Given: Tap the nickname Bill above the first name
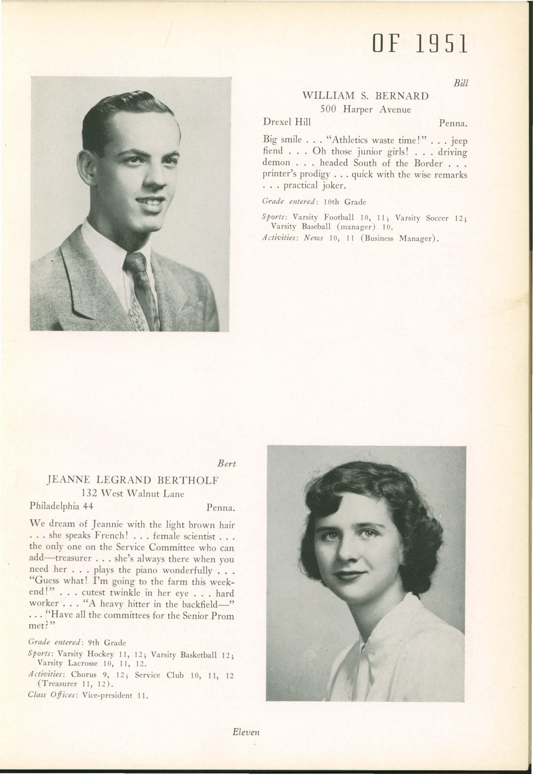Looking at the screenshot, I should pos(461,83).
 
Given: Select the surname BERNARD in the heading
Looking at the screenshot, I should pos(402,96).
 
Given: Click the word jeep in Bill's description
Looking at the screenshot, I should pos(459,141).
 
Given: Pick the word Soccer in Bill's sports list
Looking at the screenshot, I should pos(437,218).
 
